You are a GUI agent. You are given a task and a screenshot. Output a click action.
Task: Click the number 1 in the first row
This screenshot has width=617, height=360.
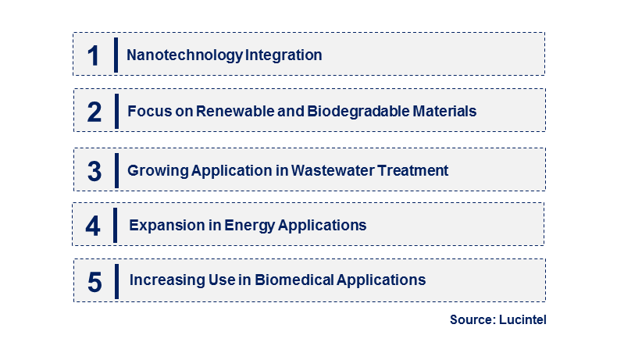(93, 55)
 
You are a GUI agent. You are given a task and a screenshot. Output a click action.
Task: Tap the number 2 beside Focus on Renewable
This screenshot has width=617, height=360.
(95, 112)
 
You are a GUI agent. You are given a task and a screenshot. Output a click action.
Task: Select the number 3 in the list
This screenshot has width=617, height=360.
(95, 171)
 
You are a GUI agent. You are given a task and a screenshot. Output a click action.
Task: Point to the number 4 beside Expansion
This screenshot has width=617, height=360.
(93, 226)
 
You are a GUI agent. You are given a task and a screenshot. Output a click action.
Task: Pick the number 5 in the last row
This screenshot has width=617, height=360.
(95, 282)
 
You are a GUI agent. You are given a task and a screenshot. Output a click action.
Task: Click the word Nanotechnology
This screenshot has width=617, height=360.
(184, 55)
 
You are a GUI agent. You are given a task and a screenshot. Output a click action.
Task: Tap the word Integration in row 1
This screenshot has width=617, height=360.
(284, 55)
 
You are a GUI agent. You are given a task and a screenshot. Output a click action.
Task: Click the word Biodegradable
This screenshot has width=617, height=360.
(358, 112)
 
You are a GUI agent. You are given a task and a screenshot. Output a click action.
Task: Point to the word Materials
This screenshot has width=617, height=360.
(444, 112)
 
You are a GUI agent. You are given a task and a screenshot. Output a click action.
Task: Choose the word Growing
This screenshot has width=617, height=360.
(159, 171)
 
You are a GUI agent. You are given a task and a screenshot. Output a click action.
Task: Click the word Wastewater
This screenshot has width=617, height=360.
(333, 171)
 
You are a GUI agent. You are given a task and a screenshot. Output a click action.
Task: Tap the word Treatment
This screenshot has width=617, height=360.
(413, 171)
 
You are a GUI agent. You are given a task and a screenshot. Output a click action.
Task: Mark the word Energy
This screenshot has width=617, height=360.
(250, 226)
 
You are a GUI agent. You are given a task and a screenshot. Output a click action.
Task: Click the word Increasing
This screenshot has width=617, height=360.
(168, 280)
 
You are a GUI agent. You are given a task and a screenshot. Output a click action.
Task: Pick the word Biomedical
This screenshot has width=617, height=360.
(294, 280)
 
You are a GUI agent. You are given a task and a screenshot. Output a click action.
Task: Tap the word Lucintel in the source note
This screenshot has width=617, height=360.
(522, 319)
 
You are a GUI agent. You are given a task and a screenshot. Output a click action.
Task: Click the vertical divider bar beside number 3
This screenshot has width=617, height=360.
(116, 171)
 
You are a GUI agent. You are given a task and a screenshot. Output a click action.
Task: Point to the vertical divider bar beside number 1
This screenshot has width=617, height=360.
(116, 55)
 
